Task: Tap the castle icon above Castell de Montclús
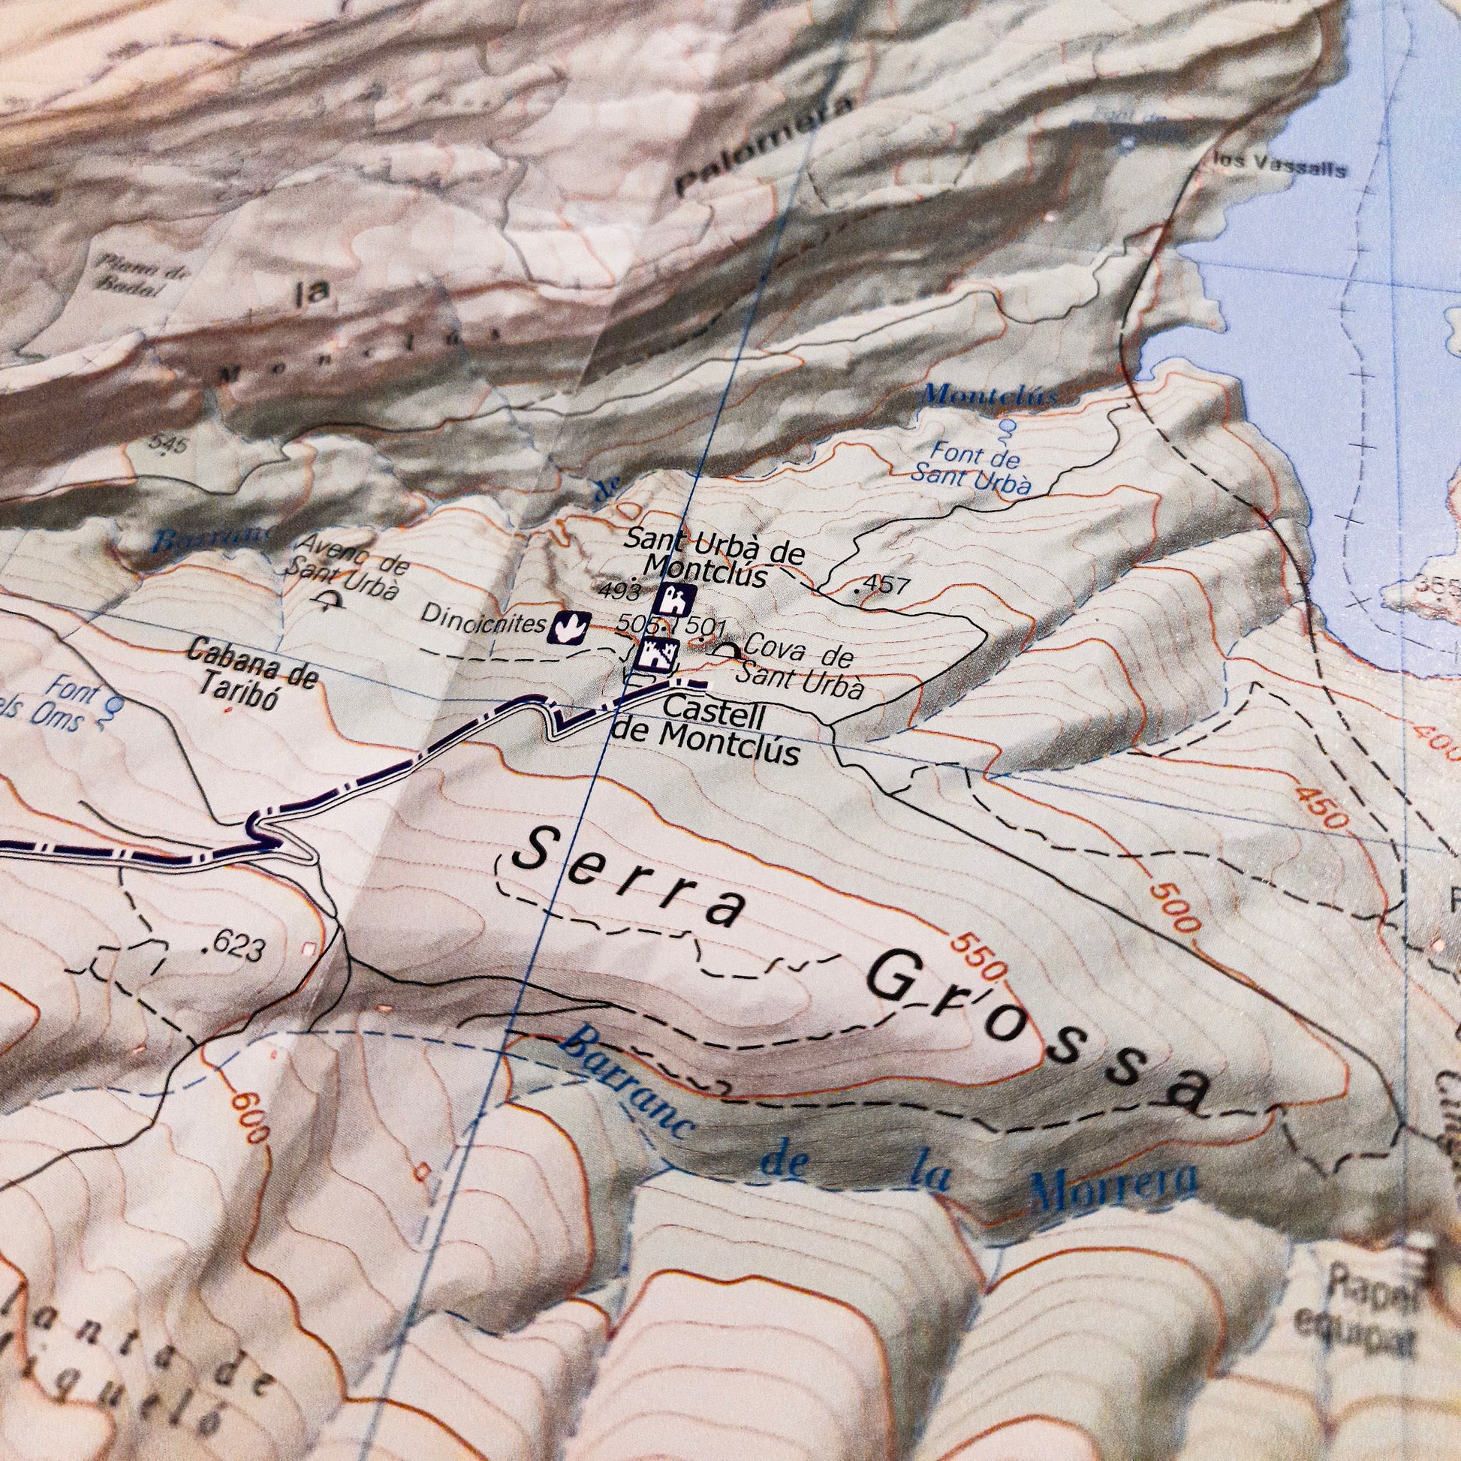657,653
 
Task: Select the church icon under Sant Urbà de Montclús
672,600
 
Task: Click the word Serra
627,877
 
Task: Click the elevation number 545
167,444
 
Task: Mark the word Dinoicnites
483,621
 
